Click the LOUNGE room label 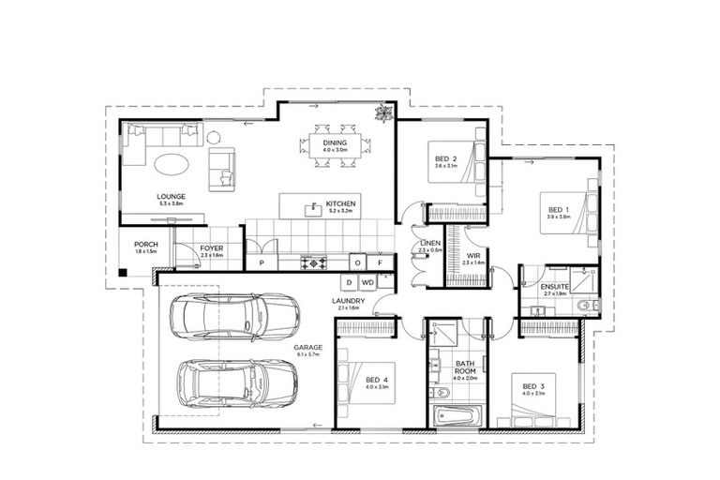tap(172, 196)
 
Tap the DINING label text tap(335, 142)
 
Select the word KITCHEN tap(338, 203)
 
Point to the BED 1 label tap(559, 209)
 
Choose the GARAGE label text tap(307, 347)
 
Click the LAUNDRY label tap(347, 301)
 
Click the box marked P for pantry tap(262, 263)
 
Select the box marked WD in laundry tap(367, 281)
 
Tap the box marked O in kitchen tap(357, 262)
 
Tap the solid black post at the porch tap(122, 274)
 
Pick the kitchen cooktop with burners tap(312, 262)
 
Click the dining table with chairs tap(335, 145)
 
